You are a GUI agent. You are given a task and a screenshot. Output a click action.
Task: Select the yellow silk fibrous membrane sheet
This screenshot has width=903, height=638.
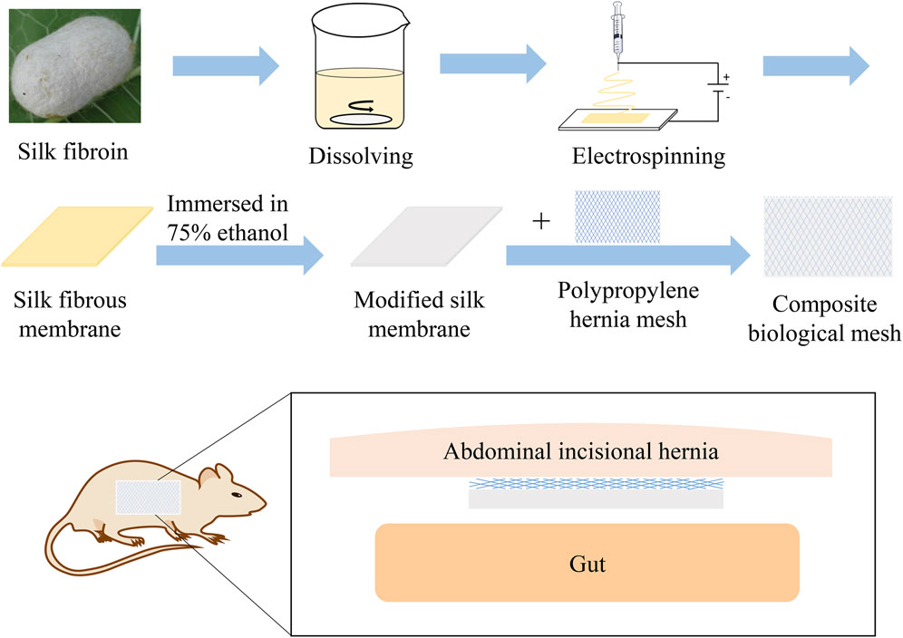pos(76,236)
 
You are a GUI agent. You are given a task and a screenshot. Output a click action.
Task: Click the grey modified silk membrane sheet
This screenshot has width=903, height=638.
pos(425,236)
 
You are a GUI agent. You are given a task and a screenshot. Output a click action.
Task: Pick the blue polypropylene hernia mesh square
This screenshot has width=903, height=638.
pos(617,217)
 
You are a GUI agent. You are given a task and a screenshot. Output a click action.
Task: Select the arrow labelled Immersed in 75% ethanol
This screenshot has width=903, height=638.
pos(239,256)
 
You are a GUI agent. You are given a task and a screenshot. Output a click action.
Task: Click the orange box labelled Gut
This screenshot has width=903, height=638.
pos(587,563)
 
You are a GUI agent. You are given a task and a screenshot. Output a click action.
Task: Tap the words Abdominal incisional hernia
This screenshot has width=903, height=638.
pos(587,451)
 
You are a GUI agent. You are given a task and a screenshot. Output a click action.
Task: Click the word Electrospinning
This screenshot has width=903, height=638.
pos(648,156)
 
